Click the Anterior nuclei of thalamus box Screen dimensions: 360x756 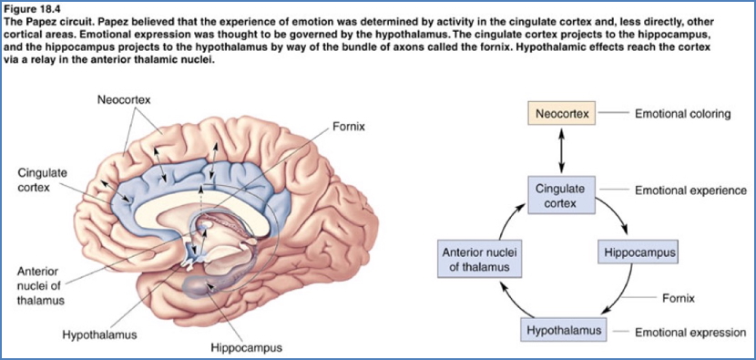(481, 260)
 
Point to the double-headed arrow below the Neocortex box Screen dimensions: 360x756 (561, 152)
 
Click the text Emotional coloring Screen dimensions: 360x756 (683, 115)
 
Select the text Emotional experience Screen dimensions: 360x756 (690, 191)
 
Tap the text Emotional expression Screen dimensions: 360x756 (690, 332)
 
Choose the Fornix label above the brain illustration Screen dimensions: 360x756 (349, 126)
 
